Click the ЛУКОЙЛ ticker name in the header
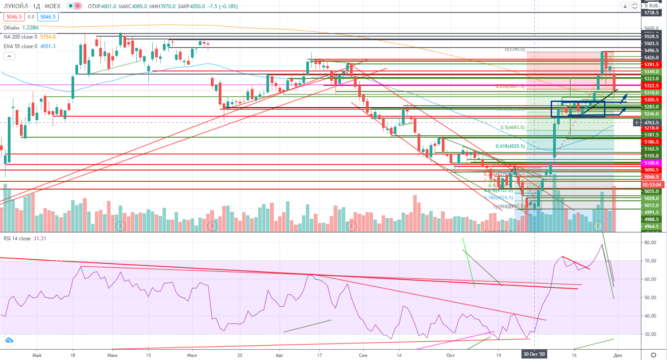(16, 7)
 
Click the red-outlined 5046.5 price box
(14, 17)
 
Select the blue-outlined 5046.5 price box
(47, 17)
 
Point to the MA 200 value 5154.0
(48, 37)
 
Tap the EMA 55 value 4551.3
(48, 46)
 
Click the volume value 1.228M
(30, 28)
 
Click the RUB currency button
(654, 6)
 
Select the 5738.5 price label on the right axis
(651, 13)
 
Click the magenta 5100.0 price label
(651, 163)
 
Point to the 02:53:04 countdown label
(652, 185)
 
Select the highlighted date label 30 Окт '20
(534, 354)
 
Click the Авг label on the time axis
(279, 355)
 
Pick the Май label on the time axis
(37, 355)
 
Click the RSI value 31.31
(40, 239)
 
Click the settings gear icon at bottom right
(654, 355)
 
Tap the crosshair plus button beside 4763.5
(637, 123)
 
